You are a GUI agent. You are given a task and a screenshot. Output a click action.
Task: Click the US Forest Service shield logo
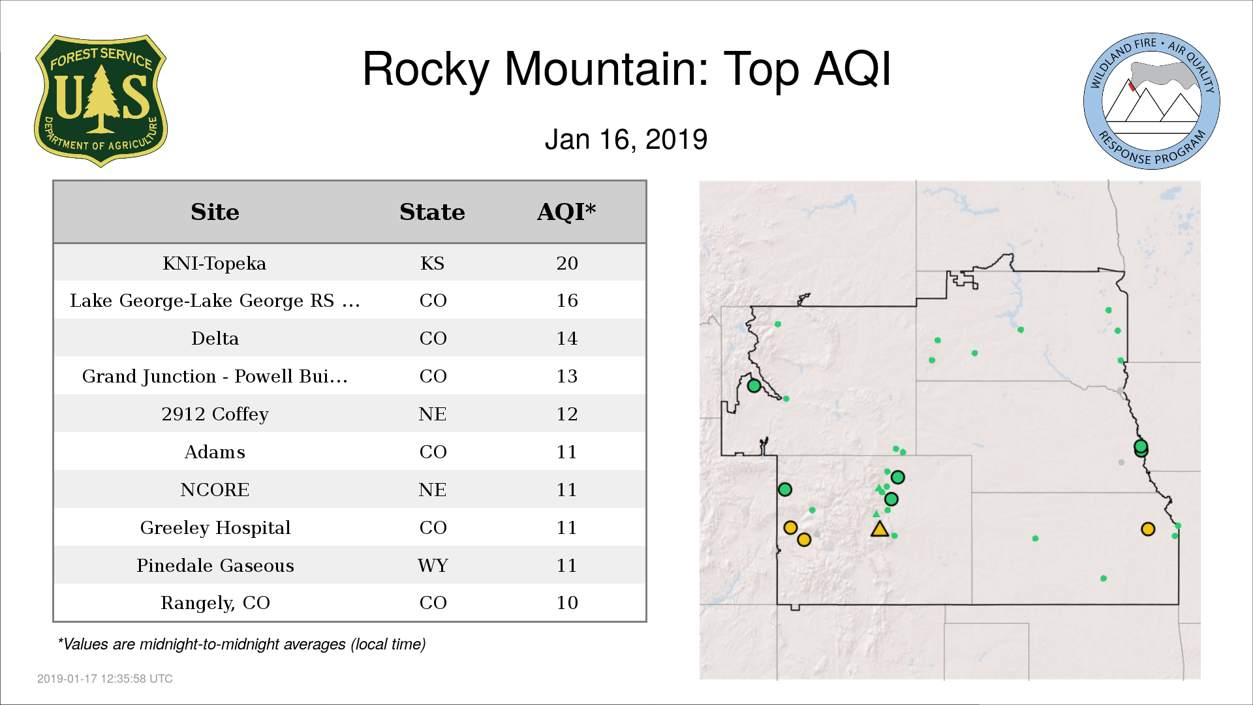tap(101, 101)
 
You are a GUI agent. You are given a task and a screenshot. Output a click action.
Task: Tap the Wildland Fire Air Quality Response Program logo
tap(1152, 101)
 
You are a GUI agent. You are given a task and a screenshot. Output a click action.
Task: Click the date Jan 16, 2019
tap(626, 140)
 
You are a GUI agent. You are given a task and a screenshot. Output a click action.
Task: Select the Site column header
tap(215, 212)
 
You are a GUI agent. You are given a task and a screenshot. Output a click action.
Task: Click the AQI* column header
tap(566, 212)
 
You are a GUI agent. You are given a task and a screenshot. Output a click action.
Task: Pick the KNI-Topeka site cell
tap(215, 263)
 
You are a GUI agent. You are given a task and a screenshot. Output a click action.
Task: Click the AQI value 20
tap(567, 263)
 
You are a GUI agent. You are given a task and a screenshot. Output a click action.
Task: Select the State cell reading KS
tap(433, 263)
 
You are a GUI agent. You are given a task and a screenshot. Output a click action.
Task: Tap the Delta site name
tap(215, 338)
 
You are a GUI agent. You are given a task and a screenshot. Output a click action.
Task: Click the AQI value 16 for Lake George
tap(567, 300)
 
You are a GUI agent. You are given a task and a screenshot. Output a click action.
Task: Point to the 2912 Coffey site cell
tap(215, 414)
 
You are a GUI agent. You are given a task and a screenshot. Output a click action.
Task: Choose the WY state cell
tap(433, 565)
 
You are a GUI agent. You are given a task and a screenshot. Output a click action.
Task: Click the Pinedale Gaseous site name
tap(215, 565)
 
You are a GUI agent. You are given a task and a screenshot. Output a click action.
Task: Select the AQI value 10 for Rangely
tap(567, 603)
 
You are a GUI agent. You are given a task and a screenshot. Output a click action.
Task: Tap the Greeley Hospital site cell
tap(215, 527)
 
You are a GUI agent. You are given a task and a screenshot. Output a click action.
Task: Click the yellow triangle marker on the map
tap(880, 529)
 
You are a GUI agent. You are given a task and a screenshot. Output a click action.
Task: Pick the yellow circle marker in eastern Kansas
tap(1148, 529)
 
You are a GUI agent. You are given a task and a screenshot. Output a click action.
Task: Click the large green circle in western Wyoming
tap(754, 386)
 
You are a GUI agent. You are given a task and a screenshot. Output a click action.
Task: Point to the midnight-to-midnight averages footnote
tap(241, 644)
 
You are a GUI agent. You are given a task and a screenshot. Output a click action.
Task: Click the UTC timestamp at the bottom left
tap(105, 679)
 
